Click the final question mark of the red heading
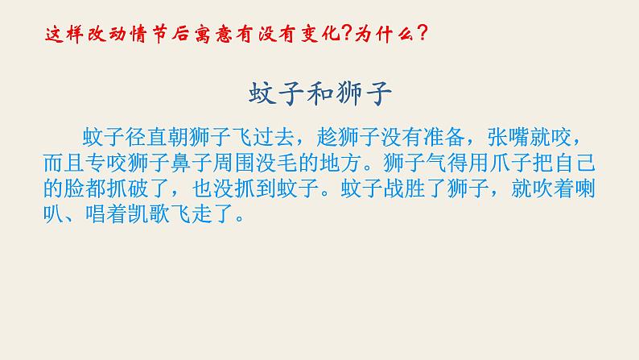423,34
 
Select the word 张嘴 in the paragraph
510,133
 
